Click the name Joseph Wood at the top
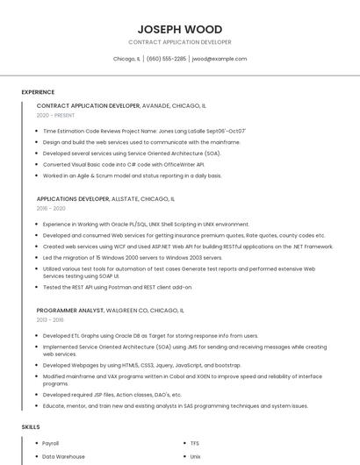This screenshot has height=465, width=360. pos(180,29)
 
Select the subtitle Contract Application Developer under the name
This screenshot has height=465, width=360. pos(180,42)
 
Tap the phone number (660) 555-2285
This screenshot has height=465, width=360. pos(166,59)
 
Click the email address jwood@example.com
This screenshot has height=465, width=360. pos(220,59)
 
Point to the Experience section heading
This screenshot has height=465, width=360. pos(38,92)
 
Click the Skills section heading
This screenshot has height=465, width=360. pos(31,426)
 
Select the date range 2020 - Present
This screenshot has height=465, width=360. pos(55,115)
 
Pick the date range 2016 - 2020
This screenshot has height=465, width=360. pos(52,209)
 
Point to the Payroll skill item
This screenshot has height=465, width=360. pos(51,443)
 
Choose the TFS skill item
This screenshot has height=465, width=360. pos(195,443)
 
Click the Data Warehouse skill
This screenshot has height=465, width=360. pos(63,456)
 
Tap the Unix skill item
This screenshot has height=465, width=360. pos(196,456)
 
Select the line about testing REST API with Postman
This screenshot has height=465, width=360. pos(117,287)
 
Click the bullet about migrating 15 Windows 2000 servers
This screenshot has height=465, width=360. pos(133,258)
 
